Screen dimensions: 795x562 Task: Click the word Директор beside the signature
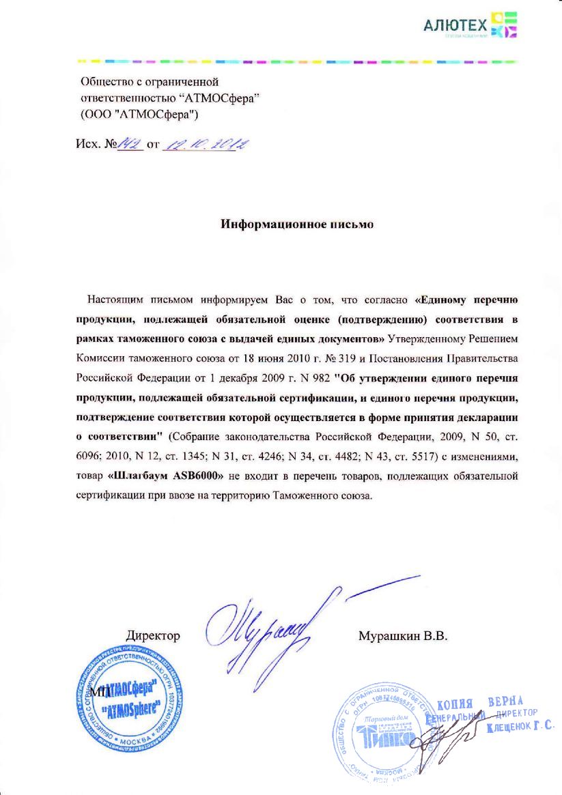point(153,636)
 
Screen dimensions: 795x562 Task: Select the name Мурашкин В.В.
point(402,636)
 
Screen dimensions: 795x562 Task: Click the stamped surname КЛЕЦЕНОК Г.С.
point(520,728)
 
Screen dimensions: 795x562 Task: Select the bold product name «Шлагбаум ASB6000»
point(167,474)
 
